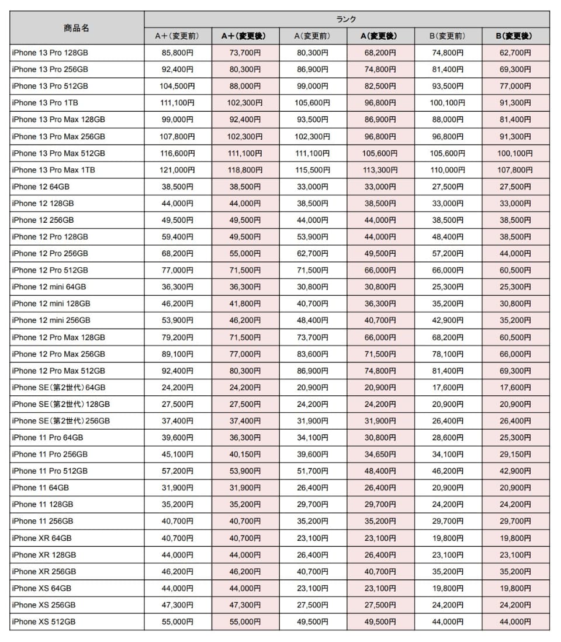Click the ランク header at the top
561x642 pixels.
coord(347,19)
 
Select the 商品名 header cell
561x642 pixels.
coord(77,27)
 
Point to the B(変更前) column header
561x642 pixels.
coord(448,36)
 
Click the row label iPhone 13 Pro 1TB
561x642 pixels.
coord(46,103)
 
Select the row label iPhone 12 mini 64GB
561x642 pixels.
coord(49,287)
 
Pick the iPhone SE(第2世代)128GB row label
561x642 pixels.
coord(61,404)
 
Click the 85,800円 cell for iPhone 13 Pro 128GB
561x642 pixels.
coord(177,53)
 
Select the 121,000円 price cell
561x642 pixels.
coord(177,170)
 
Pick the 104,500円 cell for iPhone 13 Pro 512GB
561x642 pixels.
coord(177,86)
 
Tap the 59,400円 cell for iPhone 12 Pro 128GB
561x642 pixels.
coord(177,237)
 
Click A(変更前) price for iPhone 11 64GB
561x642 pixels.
coord(312,488)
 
